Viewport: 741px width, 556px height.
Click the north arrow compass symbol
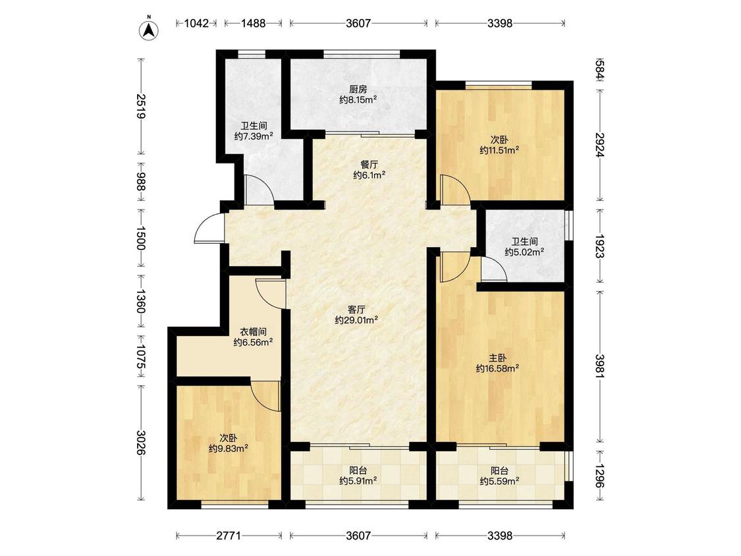click(x=148, y=28)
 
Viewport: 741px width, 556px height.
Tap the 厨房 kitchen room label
click(x=358, y=89)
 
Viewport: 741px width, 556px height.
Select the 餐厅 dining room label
click(x=369, y=165)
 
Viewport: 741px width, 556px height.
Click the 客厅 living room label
click(x=356, y=310)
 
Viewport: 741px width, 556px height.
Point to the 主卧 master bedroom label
click(x=498, y=358)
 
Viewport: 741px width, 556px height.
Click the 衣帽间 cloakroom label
click(x=253, y=332)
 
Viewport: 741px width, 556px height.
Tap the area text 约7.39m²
click(x=254, y=136)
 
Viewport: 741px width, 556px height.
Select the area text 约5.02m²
click(x=524, y=252)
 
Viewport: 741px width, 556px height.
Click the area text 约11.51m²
click(x=499, y=150)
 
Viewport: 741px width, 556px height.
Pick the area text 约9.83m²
click(x=229, y=448)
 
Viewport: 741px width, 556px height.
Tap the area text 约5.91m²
click(x=358, y=481)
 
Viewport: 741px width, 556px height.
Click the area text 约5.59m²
click(x=499, y=482)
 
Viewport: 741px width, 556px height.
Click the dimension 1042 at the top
click(x=196, y=23)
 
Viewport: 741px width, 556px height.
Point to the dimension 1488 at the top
click(x=254, y=23)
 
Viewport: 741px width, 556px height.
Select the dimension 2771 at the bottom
click(x=229, y=536)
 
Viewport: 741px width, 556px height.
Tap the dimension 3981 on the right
click(x=599, y=366)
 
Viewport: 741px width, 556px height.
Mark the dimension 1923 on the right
click(x=599, y=246)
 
